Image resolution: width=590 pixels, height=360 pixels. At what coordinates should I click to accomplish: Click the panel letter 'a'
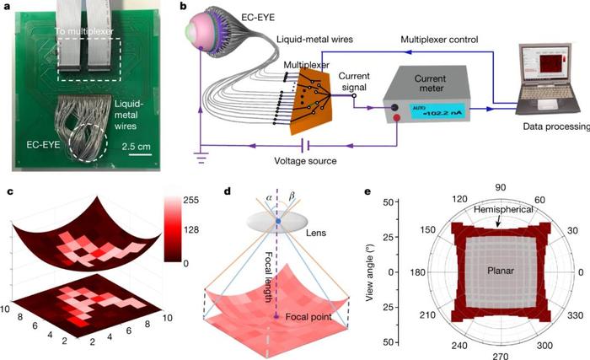[8, 7]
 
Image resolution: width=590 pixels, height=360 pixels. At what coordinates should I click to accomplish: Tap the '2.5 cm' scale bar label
[136, 146]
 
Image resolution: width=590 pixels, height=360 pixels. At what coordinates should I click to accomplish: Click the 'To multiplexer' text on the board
[84, 31]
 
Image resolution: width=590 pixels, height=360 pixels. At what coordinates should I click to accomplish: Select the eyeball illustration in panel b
[207, 34]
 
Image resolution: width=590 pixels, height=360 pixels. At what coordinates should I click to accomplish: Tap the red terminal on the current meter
[397, 119]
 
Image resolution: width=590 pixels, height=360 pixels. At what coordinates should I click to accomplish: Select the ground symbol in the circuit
[202, 157]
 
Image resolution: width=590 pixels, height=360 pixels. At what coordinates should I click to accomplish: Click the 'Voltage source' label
[305, 161]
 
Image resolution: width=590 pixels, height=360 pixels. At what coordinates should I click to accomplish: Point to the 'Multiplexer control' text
[439, 40]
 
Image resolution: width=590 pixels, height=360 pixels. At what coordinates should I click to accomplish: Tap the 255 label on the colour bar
[191, 200]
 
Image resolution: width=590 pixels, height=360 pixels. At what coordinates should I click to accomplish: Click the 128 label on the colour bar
[191, 229]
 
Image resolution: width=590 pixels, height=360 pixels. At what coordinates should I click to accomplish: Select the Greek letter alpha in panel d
[268, 196]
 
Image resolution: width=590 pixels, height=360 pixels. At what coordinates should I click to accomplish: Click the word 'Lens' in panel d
[316, 233]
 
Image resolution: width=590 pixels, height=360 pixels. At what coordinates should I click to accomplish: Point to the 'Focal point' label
[308, 317]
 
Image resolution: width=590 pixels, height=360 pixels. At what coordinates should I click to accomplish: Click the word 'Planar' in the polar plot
[501, 271]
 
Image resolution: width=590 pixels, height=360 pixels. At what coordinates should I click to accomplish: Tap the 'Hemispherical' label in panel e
[503, 209]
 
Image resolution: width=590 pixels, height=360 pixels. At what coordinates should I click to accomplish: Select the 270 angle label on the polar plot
[501, 356]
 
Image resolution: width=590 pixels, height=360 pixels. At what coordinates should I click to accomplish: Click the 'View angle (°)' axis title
[369, 271]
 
